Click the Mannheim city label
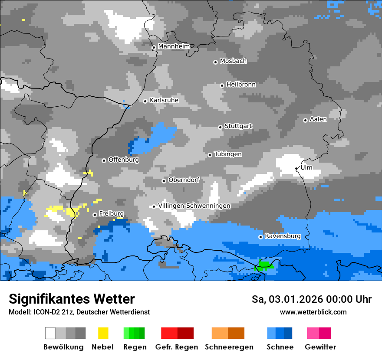174,46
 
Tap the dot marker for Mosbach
215,62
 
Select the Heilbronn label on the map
241,85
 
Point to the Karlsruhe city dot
145,101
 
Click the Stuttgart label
238,126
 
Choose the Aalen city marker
305,120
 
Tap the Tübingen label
228,154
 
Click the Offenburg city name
123,160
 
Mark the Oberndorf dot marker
164,181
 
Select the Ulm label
306,167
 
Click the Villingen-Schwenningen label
194,206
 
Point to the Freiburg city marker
95,215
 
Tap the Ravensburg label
283,236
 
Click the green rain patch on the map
264,265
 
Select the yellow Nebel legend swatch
103,333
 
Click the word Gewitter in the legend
320,347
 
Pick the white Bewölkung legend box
50,333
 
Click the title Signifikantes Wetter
72,299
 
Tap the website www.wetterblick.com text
313,312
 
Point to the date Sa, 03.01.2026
287,299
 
